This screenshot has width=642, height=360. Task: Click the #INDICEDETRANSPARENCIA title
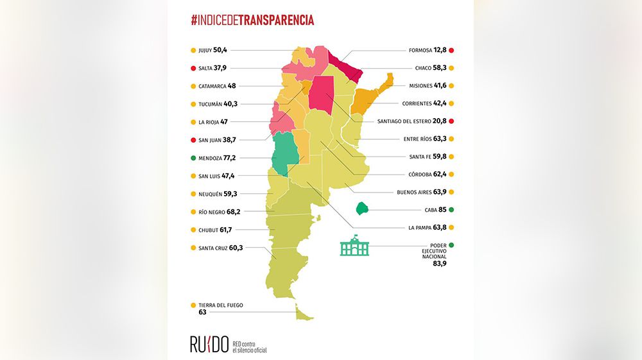tap(252, 20)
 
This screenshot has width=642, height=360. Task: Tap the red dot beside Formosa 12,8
tap(452, 50)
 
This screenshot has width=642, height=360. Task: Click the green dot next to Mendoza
tap(193, 158)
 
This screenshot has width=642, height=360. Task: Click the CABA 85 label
tap(435, 210)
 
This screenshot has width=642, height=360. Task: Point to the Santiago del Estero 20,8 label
tap(412, 121)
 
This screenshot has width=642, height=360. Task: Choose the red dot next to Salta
tap(193, 68)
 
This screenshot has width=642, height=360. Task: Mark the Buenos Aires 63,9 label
tap(421, 192)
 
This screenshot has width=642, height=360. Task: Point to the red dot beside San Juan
tap(193, 140)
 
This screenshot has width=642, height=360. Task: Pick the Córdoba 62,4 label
tap(427, 175)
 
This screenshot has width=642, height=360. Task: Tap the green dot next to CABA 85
tap(452, 210)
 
